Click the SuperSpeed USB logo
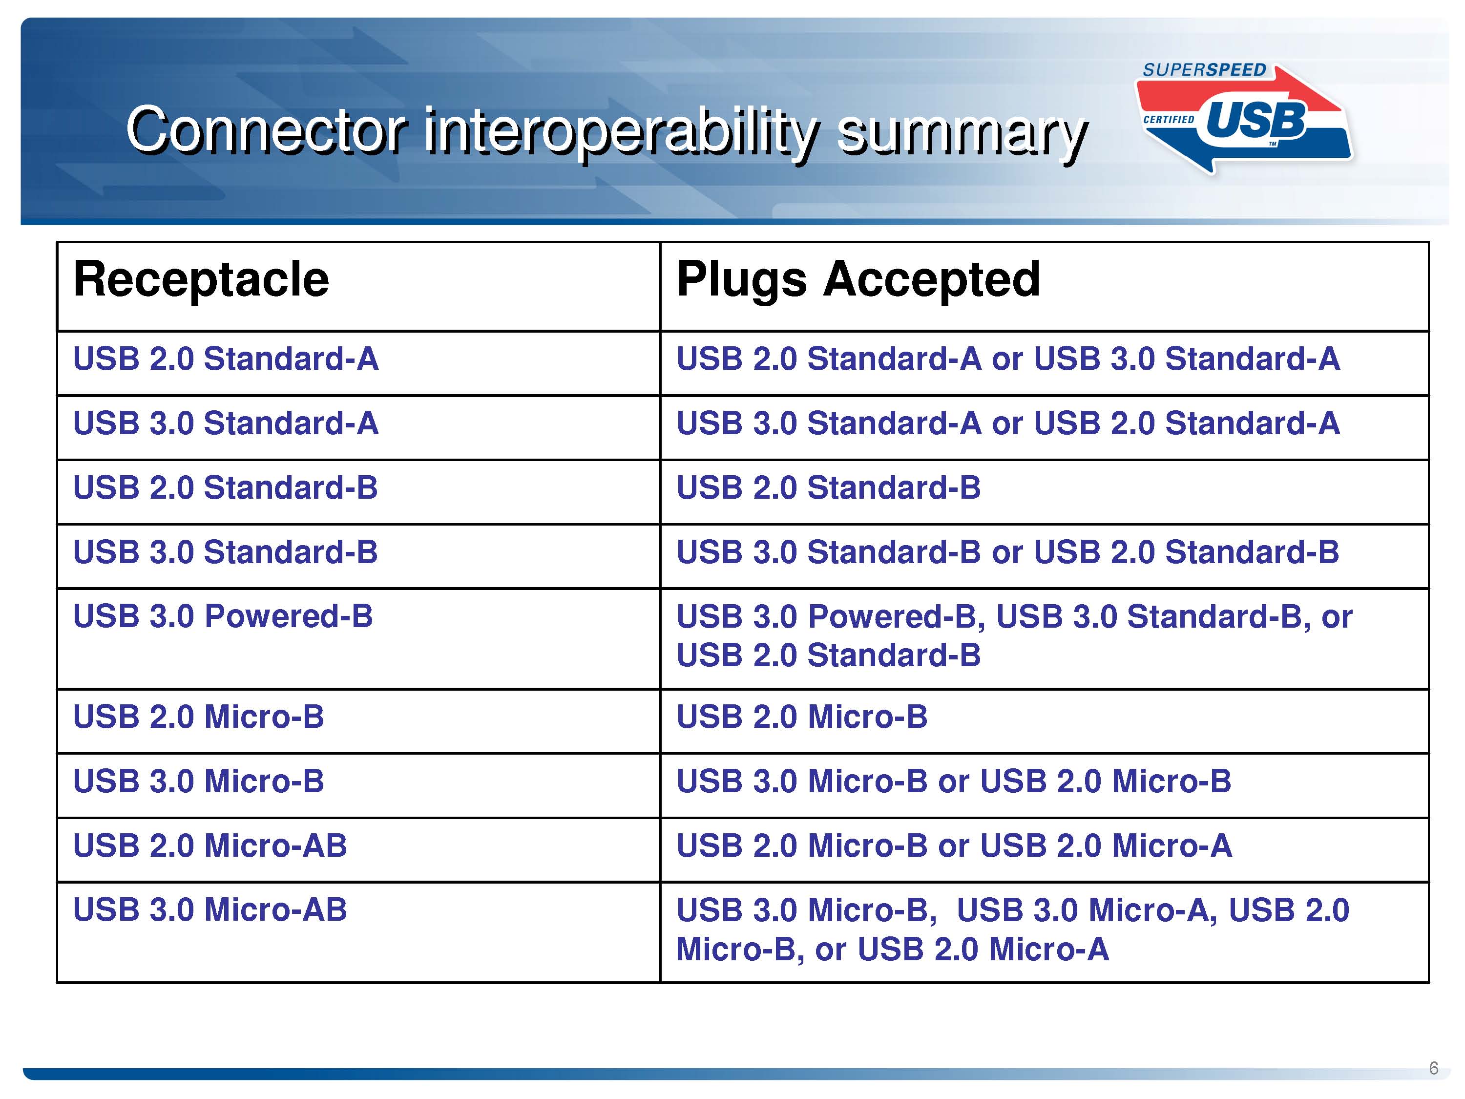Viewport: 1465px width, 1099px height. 1244,118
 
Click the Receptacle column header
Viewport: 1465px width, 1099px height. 201,279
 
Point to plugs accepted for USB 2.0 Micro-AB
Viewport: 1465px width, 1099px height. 954,845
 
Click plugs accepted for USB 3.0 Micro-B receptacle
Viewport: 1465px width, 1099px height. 954,781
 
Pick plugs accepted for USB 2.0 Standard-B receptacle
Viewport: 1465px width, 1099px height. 829,487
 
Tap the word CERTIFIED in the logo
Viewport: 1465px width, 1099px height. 1169,120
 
